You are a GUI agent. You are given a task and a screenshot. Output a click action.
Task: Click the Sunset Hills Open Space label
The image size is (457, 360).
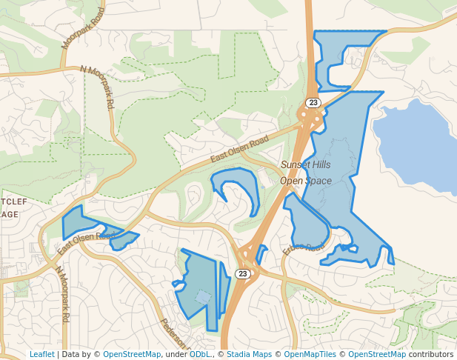(x=305, y=173)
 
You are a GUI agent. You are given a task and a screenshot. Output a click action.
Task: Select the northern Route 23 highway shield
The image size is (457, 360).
(x=313, y=102)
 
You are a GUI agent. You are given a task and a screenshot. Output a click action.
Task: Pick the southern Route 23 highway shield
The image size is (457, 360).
(x=243, y=273)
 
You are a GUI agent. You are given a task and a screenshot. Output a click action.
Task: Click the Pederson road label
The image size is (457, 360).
(x=176, y=335)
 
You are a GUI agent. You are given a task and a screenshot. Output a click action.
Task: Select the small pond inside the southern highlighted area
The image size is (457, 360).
(x=202, y=297)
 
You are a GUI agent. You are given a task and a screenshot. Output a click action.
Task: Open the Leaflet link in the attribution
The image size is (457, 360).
(x=41, y=354)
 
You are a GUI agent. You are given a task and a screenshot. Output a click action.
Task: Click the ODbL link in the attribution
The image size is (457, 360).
(x=199, y=354)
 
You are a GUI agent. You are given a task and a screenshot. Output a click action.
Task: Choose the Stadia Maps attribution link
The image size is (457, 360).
(x=249, y=354)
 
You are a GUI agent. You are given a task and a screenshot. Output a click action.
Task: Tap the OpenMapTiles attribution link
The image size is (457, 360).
(x=310, y=354)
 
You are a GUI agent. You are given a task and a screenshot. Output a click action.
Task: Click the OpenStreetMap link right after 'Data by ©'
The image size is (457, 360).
(x=132, y=354)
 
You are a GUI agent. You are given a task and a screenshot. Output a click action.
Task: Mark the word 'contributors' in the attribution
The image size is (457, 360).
(x=431, y=354)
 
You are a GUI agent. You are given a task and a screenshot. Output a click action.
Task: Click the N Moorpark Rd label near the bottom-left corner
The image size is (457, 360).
(x=63, y=293)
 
